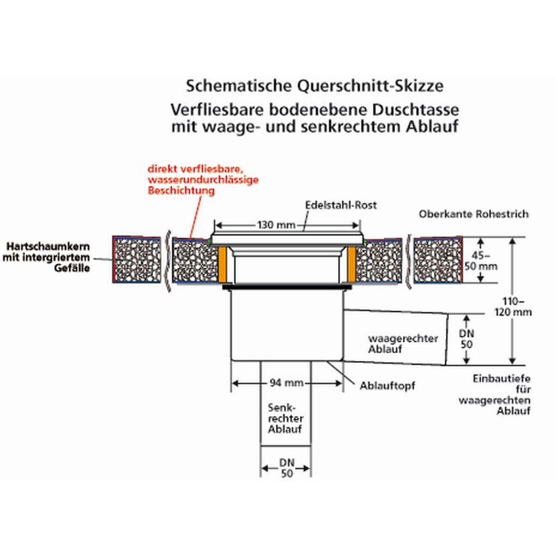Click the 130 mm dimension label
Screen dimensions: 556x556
click(276, 225)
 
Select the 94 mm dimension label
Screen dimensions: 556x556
click(287, 383)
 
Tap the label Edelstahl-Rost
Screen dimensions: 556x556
click(341, 205)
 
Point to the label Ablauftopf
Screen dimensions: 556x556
click(387, 385)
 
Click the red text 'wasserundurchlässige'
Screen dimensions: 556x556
click(203, 180)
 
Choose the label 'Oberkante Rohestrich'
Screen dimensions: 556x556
click(474, 214)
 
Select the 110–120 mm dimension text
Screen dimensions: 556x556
click(512, 307)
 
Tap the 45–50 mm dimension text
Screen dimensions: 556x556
click(481, 261)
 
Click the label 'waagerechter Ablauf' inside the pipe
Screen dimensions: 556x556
click(403, 344)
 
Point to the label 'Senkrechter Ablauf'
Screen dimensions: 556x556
click(285, 419)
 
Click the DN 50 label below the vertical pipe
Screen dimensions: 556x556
click(287, 468)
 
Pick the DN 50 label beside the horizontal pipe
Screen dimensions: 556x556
click(466, 339)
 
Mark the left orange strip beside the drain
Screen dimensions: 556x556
click(222, 264)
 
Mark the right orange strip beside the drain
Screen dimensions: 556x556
click(352, 264)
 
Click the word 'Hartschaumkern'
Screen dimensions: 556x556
click(48, 247)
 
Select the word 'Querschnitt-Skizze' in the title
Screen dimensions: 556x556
click(370, 86)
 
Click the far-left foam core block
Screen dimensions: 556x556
click(137, 259)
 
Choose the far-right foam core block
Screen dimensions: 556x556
click(438, 260)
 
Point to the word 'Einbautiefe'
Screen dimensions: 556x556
click(501, 378)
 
